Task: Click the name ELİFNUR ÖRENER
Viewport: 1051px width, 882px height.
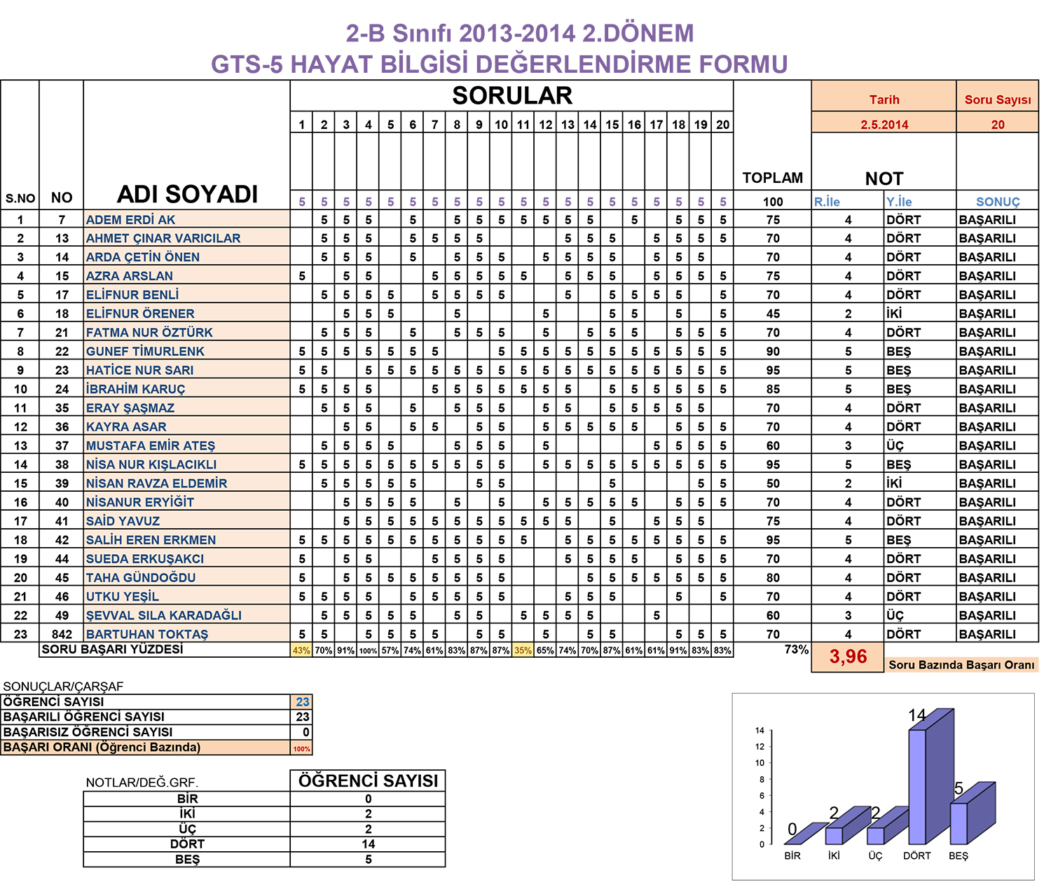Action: (140, 314)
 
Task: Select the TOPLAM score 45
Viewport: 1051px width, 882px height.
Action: (773, 314)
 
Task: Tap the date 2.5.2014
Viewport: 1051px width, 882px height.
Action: (884, 124)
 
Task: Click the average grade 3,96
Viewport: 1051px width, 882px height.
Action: (848, 656)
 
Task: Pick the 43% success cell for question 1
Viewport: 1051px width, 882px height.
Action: (301, 650)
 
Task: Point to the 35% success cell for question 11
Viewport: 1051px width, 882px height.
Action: (523, 650)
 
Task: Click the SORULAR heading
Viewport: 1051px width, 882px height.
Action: (512, 96)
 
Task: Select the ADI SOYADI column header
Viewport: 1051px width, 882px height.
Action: (187, 194)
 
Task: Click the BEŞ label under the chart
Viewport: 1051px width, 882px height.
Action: (958, 856)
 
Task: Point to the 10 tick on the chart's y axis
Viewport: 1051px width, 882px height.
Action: (760, 763)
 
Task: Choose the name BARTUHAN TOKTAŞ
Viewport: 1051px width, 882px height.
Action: (147, 634)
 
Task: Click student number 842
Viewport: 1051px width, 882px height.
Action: (62, 634)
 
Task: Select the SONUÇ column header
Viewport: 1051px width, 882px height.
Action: (998, 202)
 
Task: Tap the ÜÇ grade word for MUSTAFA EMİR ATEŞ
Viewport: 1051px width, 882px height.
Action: (895, 446)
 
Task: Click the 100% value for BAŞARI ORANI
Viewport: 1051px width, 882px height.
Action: (301, 749)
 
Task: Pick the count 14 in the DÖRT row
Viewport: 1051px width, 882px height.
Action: (368, 844)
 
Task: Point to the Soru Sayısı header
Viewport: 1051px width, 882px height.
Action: (998, 99)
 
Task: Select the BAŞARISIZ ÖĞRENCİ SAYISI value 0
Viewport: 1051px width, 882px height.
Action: (305, 732)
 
